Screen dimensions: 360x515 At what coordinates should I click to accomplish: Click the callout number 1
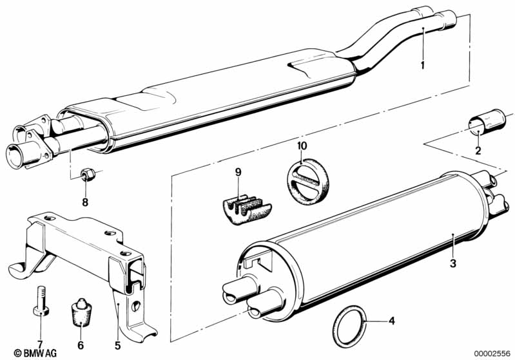tap(422, 65)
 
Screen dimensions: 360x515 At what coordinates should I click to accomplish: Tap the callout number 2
tap(478, 151)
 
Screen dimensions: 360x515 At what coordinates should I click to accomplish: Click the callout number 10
tap(302, 146)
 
